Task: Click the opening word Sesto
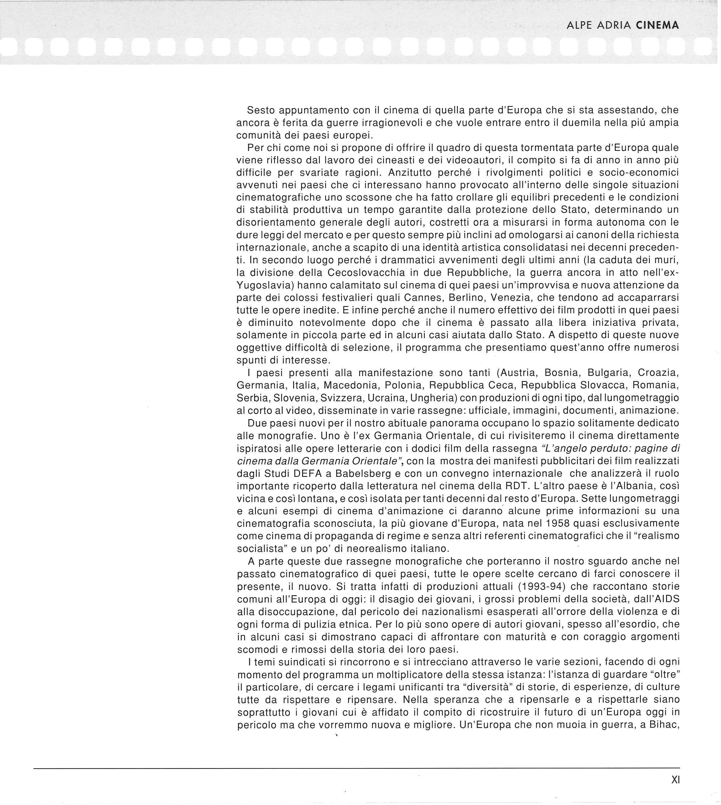pyautogui.click(x=261, y=110)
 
